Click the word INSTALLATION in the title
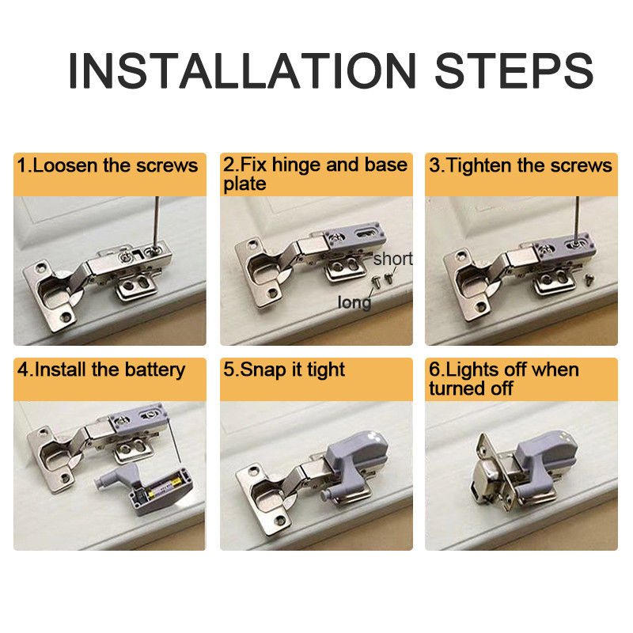242,70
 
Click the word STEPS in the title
514,70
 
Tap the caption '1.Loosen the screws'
108,165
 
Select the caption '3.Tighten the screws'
521,165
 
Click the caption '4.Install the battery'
101,370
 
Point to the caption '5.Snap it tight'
284,370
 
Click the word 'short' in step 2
392,259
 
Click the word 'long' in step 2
354,303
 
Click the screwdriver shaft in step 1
156,222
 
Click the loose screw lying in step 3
589,279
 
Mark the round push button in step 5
324,495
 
